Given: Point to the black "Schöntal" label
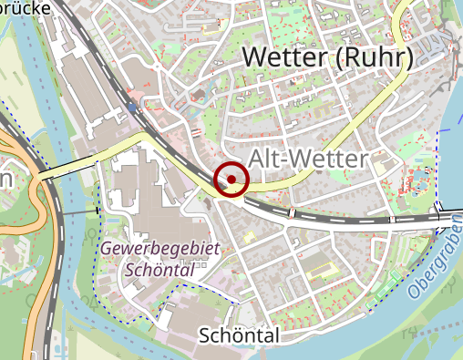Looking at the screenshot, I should [238, 336].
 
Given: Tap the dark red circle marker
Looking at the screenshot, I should [231, 179].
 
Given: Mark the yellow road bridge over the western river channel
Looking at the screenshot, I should [69, 168].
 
